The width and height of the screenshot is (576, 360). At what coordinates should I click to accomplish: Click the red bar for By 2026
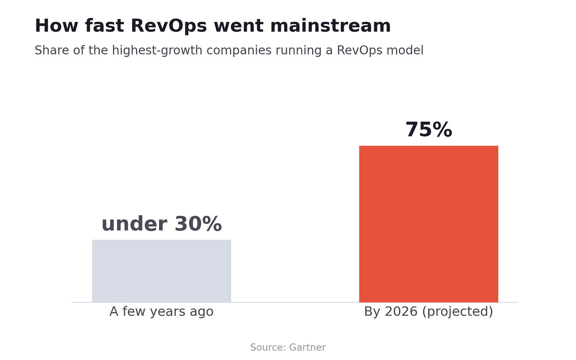(428, 224)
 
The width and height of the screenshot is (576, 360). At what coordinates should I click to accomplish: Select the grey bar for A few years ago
(161, 271)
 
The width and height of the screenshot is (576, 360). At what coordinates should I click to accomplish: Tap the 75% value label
(429, 130)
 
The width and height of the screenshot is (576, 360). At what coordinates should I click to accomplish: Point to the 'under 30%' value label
(161, 224)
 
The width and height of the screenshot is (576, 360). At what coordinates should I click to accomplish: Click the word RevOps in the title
(169, 26)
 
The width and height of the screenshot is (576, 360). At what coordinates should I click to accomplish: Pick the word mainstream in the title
(330, 26)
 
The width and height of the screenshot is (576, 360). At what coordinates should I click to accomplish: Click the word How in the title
(56, 26)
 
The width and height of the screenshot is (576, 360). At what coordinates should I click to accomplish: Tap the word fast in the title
(104, 26)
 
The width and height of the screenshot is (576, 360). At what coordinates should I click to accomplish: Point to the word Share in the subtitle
(52, 50)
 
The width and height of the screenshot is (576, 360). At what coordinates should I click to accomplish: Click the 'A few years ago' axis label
(161, 311)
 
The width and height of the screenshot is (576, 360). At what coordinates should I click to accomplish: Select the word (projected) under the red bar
(458, 312)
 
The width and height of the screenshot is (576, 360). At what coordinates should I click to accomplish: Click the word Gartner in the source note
(307, 347)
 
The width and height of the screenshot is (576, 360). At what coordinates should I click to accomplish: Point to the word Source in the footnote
(268, 347)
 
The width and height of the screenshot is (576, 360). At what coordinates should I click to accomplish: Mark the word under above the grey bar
(135, 224)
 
